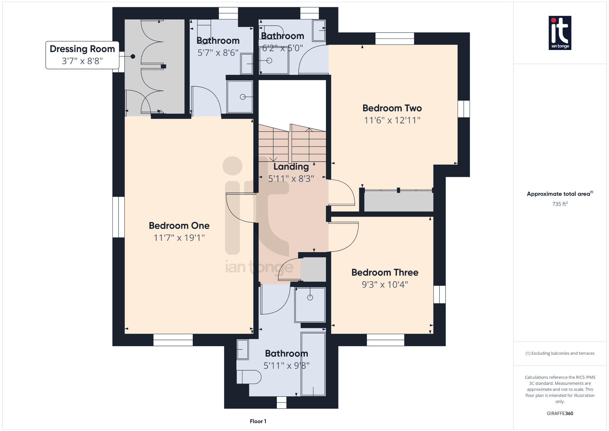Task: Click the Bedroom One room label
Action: [179, 226]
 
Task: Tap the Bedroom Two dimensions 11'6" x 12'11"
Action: [392, 120]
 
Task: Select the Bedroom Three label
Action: [385, 272]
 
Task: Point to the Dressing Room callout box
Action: [82, 55]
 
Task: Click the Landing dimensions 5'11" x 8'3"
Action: [291, 179]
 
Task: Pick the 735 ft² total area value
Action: [560, 204]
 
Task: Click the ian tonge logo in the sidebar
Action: [560, 33]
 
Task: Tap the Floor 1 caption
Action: [258, 421]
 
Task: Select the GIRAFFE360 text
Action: [560, 413]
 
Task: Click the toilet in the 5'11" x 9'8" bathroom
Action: [249, 377]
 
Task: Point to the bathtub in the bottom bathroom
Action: [313, 364]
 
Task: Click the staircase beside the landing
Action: [292, 143]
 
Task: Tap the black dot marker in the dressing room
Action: [133, 57]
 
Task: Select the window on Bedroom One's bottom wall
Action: [173, 340]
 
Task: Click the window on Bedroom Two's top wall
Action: [395, 39]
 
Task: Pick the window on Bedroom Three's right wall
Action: [440, 294]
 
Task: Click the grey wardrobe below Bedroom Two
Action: [399, 201]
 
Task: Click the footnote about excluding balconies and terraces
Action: [560, 353]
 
